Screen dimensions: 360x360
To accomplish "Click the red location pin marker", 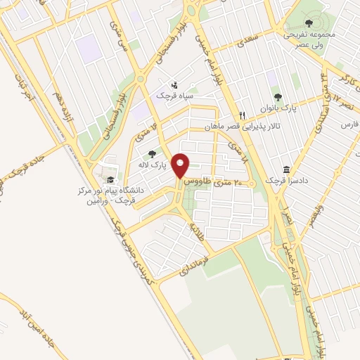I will pyautogui.click(x=181, y=165).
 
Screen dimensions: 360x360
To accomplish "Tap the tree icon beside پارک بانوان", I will pyautogui.click(x=278, y=98).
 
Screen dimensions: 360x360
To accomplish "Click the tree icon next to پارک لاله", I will pyautogui.click(x=152, y=154).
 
